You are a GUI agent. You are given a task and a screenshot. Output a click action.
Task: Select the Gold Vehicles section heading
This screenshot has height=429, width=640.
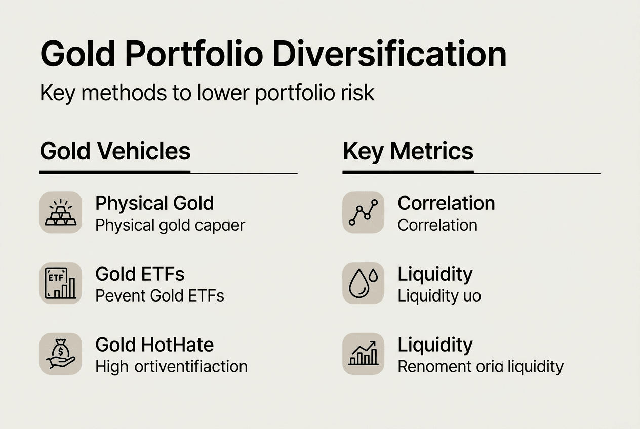(115, 151)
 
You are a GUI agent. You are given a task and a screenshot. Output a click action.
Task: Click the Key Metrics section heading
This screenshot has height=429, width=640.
(408, 151)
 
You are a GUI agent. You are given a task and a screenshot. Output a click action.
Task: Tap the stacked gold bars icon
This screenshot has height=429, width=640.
(61, 212)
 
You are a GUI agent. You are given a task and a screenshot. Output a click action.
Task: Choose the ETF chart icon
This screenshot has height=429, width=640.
(61, 283)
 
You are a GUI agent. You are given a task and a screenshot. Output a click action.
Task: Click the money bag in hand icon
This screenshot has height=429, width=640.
(61, 354)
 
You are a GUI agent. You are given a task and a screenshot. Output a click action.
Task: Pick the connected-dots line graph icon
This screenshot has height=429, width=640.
(363, 212)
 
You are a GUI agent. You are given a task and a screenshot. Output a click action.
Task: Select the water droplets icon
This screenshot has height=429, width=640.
(363, 283)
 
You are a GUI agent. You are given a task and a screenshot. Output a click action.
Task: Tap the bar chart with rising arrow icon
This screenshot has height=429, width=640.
(363, 354)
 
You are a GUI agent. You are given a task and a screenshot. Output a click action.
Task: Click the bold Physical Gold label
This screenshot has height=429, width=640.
(154, 203)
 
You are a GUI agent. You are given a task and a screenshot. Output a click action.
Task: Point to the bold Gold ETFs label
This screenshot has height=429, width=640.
(140, 274)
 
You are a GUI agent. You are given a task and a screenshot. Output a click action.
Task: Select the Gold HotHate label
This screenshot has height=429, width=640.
(154, 345)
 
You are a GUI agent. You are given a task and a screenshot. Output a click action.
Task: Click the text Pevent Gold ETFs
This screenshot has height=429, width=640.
(159, 295)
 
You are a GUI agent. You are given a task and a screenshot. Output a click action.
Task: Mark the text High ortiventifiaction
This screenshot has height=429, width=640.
(171, 366)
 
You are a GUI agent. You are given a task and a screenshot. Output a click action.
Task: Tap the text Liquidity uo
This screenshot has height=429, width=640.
(439, 295)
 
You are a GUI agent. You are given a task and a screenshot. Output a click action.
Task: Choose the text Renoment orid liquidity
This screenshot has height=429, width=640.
(480, 366)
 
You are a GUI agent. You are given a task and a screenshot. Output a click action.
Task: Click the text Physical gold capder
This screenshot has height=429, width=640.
(170, 225)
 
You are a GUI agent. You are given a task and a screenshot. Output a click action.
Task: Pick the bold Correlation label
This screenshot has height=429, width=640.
(446, 203)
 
